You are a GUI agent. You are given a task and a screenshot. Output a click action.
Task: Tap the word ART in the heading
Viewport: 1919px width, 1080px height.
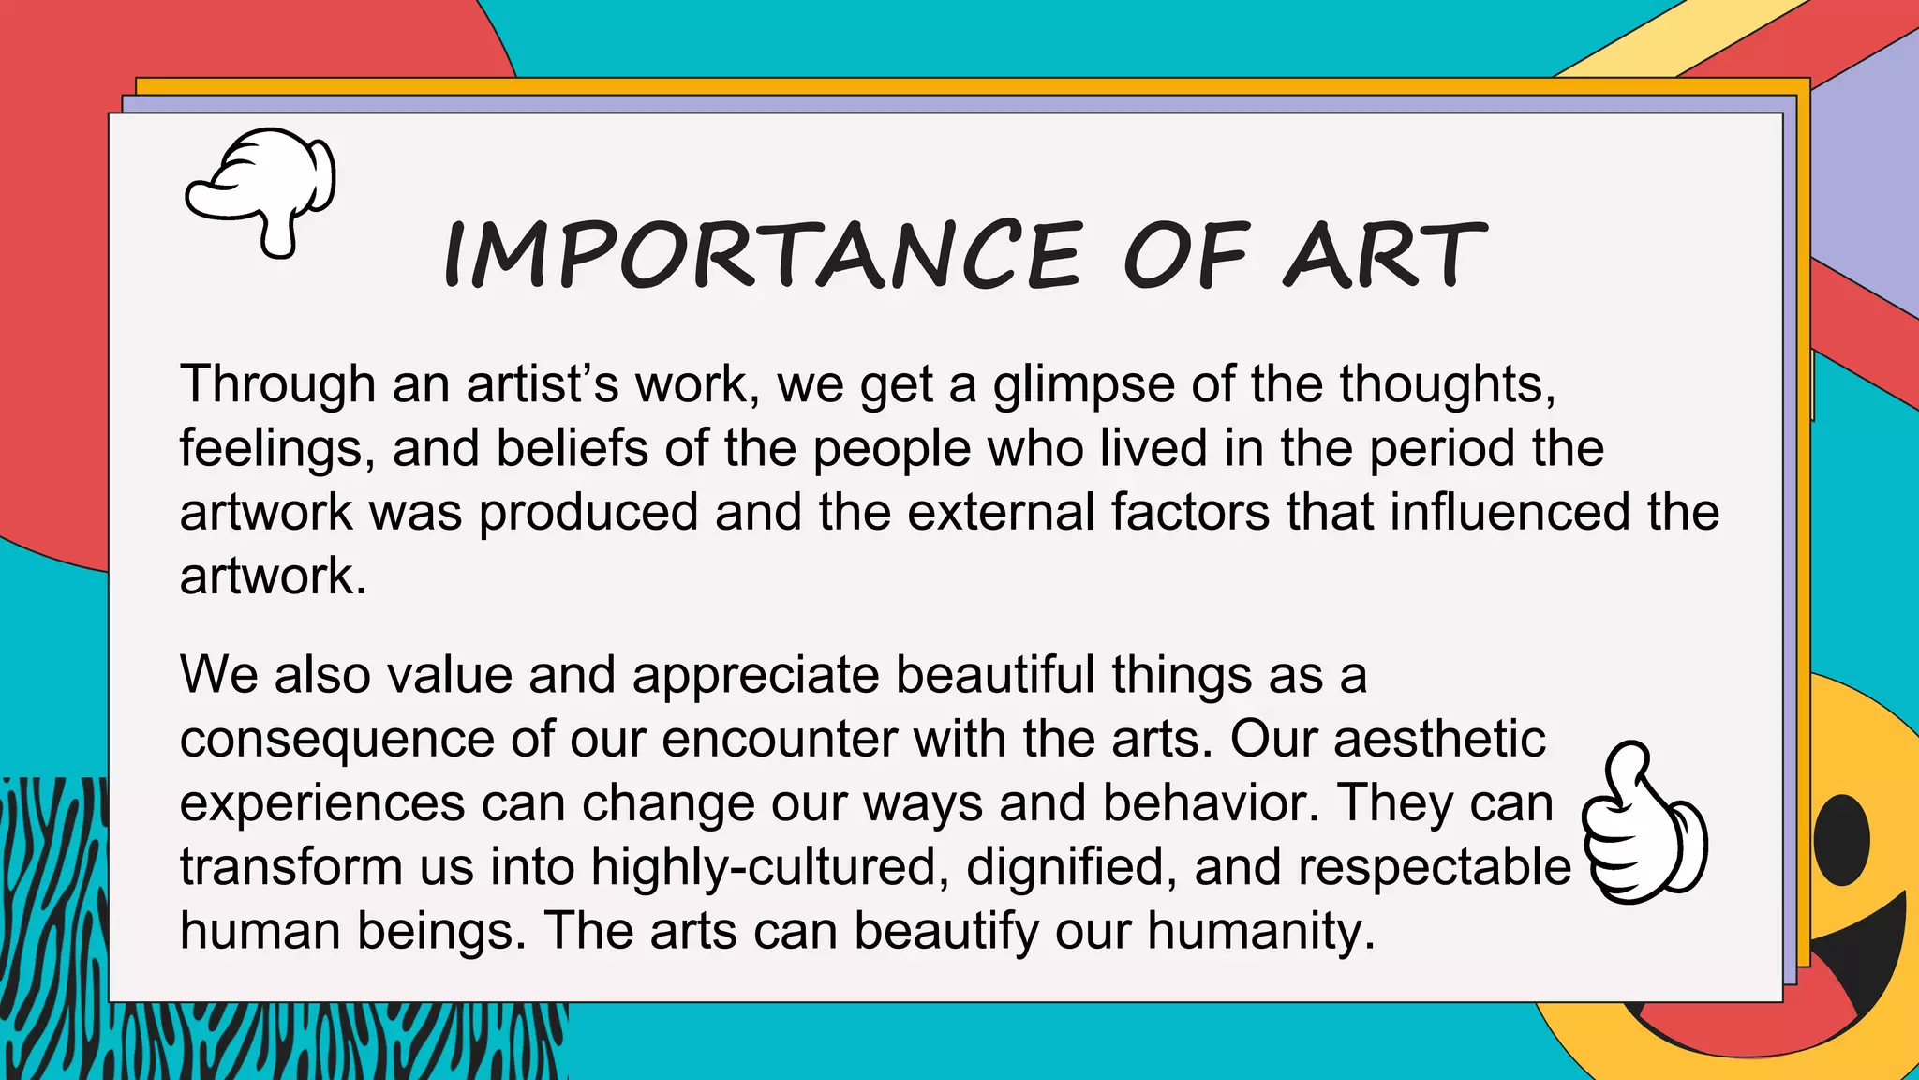tap(1384, 255)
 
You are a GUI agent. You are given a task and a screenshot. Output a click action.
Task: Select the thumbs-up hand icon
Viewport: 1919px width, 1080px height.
tap(1644, 825)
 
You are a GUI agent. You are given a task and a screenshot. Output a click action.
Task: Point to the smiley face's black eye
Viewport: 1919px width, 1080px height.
tap(1842, 839)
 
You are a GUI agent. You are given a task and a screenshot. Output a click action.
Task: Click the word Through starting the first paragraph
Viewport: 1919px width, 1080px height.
tap(277, 384)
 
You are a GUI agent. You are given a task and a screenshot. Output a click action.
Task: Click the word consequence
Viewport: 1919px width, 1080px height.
tap(336, 741)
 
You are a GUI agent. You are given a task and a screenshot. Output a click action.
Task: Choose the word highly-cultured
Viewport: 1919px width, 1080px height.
tap(764, 867)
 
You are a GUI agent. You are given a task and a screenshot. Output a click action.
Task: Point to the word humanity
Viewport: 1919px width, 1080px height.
tap(1261, 932)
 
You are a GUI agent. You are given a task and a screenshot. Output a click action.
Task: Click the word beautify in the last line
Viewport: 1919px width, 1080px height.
tap(945, 932)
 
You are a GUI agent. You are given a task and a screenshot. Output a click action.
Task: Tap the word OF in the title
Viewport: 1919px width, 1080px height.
tap(1184, 255)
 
